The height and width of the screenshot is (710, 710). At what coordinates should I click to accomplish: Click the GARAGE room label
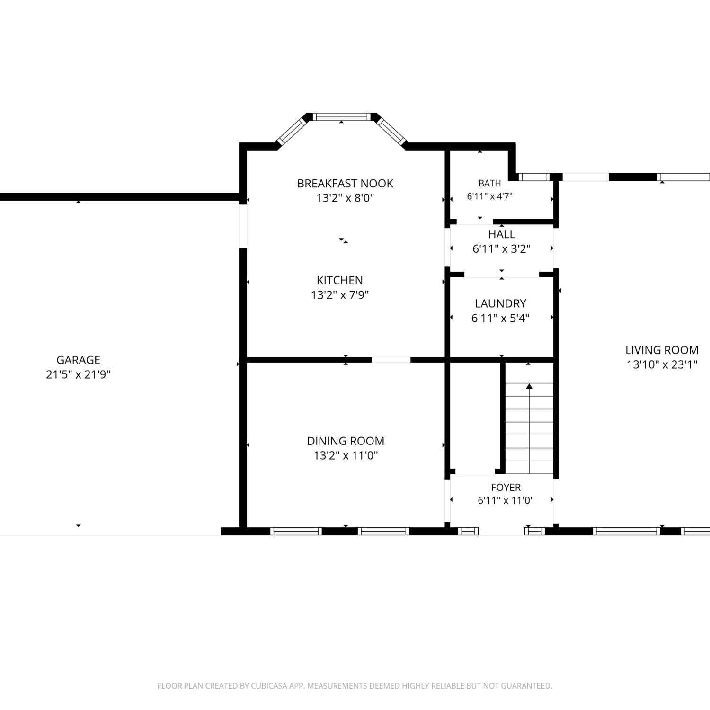tap(78, 360)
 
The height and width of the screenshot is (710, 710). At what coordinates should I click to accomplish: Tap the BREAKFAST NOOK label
tap(345, 183)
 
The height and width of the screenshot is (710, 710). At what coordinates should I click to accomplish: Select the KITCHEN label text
tap(339, 280)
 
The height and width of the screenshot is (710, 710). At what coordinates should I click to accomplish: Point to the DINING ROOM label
tap(346, 441)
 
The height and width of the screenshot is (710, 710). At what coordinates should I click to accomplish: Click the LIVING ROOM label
tap(662, 350)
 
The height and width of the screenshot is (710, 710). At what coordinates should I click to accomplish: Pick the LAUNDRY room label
tap(500, 303)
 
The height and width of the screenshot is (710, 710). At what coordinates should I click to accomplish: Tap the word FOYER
tap(506, 487)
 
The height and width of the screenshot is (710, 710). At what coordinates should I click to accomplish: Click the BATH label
tap(489, 183)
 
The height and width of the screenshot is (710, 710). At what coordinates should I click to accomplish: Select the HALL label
tap(501, 234)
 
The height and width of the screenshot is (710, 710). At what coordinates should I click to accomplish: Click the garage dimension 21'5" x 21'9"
tap(78, 374)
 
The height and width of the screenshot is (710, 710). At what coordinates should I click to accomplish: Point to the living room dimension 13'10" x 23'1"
tap(662, 364)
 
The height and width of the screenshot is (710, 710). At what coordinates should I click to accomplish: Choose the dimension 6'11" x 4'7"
tap(489, 196)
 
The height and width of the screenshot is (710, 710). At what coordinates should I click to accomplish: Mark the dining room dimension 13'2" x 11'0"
tap(346, 455)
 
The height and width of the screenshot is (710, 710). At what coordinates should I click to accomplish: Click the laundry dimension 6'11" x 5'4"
tap(500, 318)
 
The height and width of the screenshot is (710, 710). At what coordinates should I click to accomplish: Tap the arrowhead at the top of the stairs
tap(529, 386)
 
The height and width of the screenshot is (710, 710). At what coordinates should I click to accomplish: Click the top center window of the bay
tap(341, 116)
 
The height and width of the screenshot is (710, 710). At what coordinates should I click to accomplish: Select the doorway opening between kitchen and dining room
tap(391, 360)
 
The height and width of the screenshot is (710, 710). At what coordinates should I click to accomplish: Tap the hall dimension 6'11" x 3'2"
tap(501, 249)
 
